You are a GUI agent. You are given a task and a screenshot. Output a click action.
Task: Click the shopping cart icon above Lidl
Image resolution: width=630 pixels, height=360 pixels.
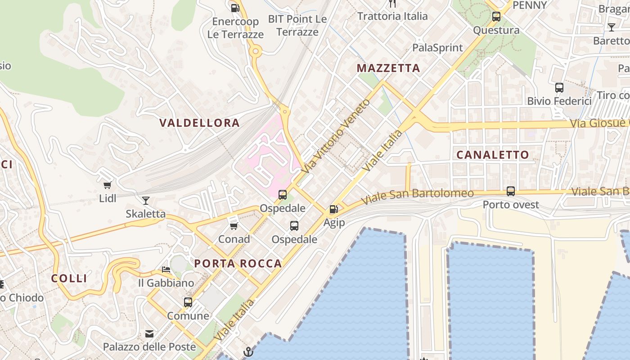tap(107, 185)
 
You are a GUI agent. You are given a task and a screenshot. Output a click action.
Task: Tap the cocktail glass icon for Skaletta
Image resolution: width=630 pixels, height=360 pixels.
tap(145, 200)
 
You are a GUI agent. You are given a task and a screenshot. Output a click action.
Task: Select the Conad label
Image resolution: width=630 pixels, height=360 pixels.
tap(234, 239)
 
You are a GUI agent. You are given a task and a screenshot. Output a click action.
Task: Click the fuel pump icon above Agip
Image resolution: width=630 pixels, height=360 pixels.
tap(333, 209)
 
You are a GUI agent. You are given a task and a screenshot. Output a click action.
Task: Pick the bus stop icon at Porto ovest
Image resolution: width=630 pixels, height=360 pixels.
tap(511, 191)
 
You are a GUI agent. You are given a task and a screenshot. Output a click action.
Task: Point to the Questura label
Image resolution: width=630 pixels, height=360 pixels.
tap(496, 30)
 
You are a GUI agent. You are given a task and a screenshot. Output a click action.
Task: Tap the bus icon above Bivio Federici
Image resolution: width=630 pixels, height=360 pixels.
tap(559, 87)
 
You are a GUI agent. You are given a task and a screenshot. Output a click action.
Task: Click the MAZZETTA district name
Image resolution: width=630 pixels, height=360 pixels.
tap(388, 68)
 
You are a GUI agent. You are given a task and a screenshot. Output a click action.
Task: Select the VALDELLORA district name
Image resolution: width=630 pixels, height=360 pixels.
tap(199, 123)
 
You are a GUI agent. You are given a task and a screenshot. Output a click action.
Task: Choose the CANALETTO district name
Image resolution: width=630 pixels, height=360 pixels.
tap(493, 155)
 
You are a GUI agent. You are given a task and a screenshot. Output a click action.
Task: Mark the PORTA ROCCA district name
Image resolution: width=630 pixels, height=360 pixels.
tap(238, 264)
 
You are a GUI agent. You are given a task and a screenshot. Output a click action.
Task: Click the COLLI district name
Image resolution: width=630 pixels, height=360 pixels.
tap(69, 279)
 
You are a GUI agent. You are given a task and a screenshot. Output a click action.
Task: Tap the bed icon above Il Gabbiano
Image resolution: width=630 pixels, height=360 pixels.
tap(166, 270)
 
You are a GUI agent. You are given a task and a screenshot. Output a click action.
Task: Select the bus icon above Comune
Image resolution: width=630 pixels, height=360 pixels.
tap(188, 302)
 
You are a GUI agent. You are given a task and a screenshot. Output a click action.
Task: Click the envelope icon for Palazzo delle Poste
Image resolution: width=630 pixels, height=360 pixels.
tap(149, 334)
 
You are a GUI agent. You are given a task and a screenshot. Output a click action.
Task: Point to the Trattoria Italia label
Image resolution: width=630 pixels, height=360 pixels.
tap(392, 16)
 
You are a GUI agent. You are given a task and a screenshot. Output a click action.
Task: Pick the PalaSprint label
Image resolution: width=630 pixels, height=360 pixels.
tap(437, 48)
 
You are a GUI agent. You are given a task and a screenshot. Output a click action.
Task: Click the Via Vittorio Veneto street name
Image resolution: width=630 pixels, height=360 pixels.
tap(336, 136)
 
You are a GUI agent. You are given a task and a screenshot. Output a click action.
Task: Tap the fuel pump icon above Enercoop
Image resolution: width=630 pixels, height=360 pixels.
tap(235, 8)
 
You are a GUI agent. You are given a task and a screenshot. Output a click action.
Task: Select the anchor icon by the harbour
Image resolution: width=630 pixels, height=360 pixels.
tap(248, 351)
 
